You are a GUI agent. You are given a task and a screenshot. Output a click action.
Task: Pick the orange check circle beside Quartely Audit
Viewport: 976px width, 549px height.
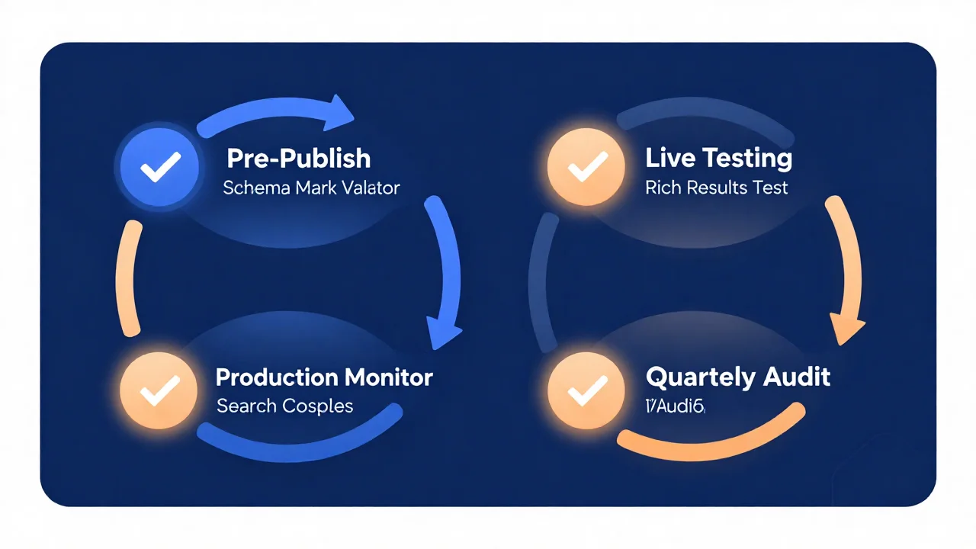(585, 391)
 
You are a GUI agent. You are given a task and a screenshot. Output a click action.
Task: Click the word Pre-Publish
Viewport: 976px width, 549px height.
(299, 159)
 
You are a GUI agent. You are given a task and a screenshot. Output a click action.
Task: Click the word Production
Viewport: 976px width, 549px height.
(276, 377)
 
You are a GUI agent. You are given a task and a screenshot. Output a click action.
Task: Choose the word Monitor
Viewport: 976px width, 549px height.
(389, 377)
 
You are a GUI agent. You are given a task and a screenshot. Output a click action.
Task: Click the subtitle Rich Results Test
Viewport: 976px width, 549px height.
(716, 188)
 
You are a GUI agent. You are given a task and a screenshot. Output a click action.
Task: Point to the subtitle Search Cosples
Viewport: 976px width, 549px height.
(285, 406)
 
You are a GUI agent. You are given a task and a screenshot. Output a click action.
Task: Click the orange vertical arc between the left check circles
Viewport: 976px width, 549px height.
(127, 279)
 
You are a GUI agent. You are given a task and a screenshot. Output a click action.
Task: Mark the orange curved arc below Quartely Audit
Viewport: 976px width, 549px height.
(709, 442)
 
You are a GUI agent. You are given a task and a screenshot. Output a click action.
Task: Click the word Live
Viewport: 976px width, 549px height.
(669, 159)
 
